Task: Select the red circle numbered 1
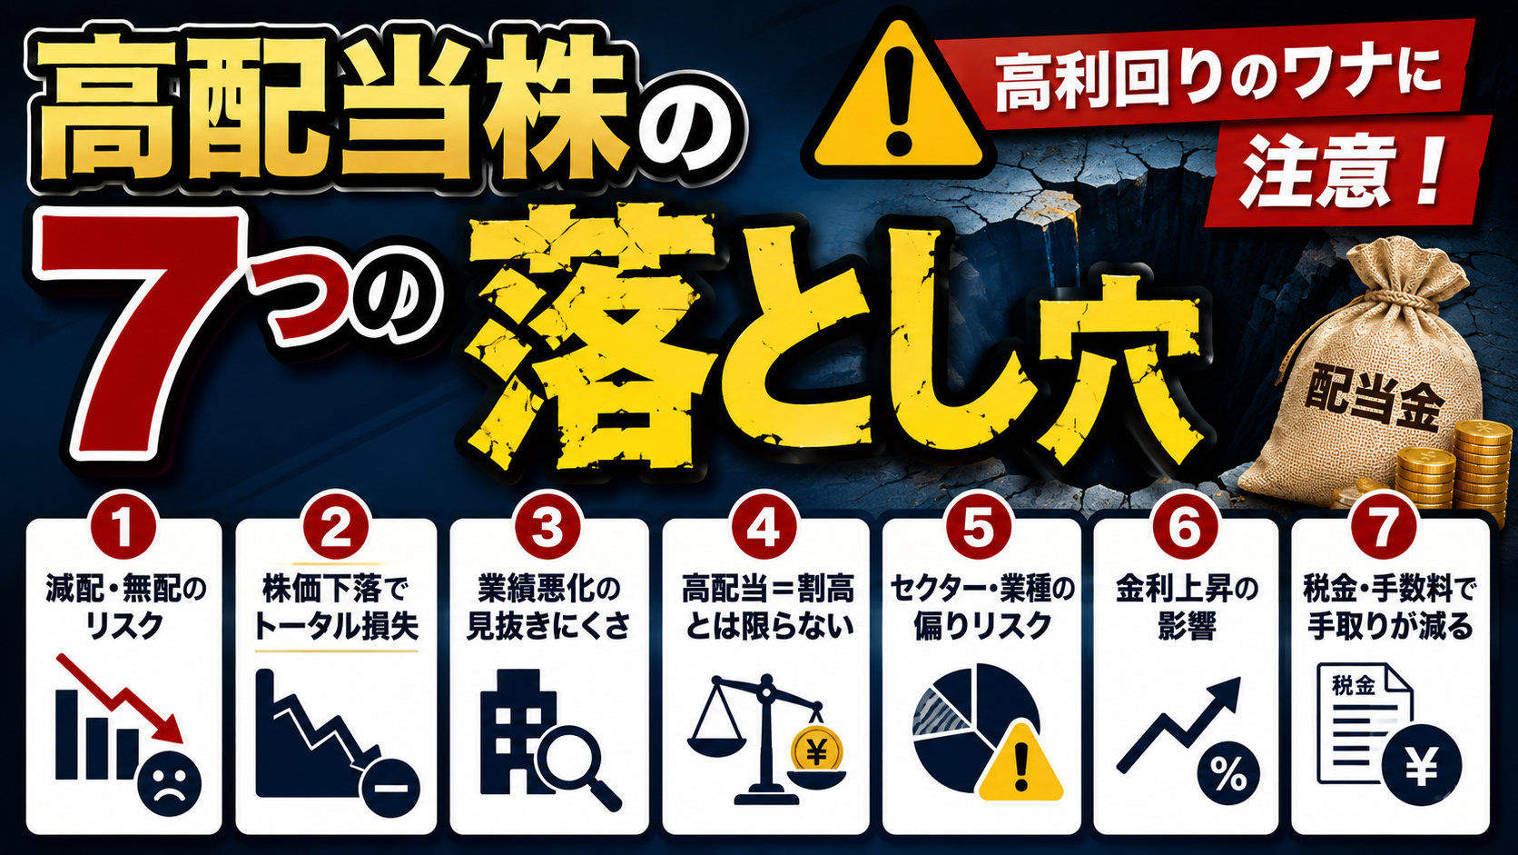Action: (x=124, y=528)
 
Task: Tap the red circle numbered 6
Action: (x=1185, y=528)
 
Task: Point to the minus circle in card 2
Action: (x=390, y=787)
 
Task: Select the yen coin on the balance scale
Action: (x=816, y=751)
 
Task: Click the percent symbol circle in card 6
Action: (x=1228, y=773)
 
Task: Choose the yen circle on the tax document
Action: (x=1421, y=766)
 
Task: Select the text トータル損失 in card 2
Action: (x=336, y=627)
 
